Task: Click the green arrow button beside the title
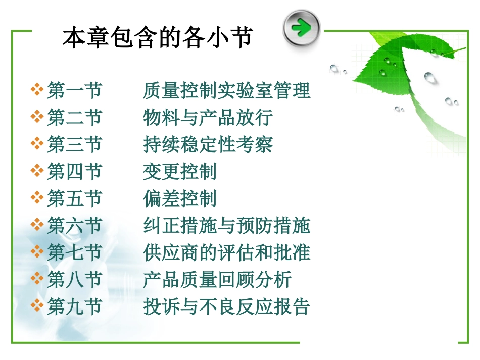tap(302, 27)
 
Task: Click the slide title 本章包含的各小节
tap(158, 38)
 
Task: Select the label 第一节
tap(74, 91)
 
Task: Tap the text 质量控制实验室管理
tap(226, 91)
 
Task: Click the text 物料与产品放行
tap(208, 118)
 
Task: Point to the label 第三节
tap(74, 144)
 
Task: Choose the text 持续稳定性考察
tap(208, 144)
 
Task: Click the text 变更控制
tap(180, 172)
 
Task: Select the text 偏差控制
tap(180, 198)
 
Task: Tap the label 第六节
tap(74, 226)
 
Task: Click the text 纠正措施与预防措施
tap(226, 226)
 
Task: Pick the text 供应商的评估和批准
tap(226, 252)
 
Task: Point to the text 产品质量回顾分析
tap(217, 279)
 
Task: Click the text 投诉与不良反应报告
tap(226, 306)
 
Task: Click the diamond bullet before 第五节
tap(37, 198)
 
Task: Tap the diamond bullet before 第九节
tap(37, 306)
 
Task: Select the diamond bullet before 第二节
tap(37, 117)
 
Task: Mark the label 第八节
tap(74, 279)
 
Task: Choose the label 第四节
tap(74, 172)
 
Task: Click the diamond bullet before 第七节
tap(37, 252)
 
